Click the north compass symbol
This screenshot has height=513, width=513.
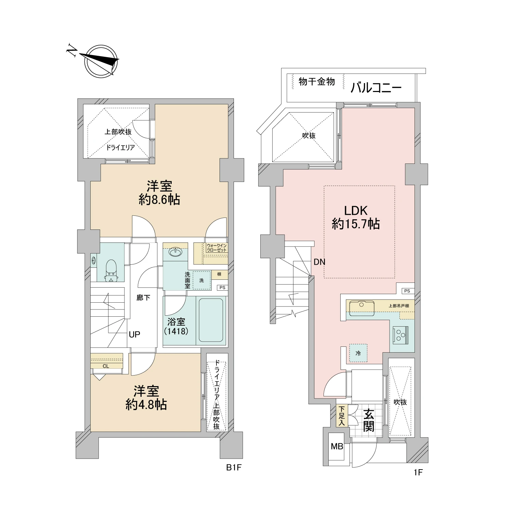pos(101,61)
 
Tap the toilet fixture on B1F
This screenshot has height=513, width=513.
pos(111,270)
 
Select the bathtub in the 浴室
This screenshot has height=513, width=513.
pos(211,320)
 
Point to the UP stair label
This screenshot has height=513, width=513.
pos(134,334)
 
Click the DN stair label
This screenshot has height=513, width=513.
pos(319,262)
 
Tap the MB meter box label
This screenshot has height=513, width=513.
pos(337,446)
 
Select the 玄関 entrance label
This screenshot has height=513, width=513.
pos(368,420)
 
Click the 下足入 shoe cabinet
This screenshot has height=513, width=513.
pos(342,416)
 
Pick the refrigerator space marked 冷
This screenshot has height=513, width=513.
pos(358,353)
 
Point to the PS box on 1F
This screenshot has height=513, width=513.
pos(407,291)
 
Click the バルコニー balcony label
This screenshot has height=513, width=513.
pos(376,88)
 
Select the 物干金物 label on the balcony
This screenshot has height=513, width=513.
pos(317,82)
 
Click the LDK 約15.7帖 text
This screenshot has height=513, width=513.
pos(356,217)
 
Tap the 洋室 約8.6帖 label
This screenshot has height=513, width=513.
pos(159,193)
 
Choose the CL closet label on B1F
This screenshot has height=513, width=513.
pos(106,366)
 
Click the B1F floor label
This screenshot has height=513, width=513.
pos(234,468)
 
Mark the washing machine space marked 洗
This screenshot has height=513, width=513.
pos(201,280)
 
